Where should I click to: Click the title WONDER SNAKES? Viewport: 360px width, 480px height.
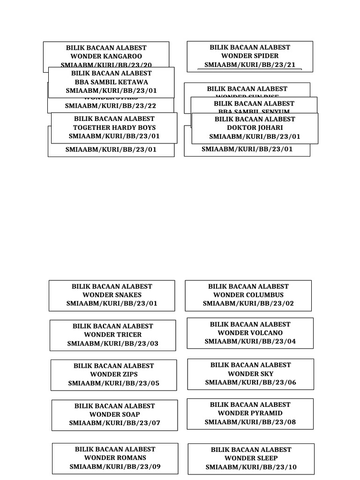click(112, 295)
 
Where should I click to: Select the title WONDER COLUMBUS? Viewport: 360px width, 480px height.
click(248, 295)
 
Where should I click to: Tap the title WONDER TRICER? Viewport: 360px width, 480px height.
click(112, 335)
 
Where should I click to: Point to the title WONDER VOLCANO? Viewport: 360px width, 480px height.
click(250, 333)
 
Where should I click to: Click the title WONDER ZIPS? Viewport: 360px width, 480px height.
click(113, 375)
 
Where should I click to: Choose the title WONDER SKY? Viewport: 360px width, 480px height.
click(250, 374)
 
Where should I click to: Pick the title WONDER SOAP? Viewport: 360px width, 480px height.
click(114, 414)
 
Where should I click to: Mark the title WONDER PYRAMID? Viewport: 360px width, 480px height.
click(250, 413)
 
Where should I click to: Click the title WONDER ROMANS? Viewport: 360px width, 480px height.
click(115, 457)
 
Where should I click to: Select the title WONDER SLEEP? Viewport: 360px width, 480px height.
click(251, 458)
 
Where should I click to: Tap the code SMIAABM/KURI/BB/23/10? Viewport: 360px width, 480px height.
click(251, 467)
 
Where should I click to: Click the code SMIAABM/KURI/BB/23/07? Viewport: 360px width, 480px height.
click(114, 423)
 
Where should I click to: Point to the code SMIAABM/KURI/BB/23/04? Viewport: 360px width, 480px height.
click(250, 341)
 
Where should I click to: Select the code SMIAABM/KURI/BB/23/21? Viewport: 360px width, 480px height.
click(250, 65)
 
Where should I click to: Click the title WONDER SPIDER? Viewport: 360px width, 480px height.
click(250, 56)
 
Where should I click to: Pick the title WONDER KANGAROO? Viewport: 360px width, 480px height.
click(106, 56)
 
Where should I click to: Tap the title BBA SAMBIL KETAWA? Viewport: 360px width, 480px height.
click(111, 82)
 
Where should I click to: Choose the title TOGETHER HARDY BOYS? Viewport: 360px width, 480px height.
click(114, 127)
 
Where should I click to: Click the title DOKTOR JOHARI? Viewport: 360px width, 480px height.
click(255, 127)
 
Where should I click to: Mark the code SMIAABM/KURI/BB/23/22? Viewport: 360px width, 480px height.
click(110, 106)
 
